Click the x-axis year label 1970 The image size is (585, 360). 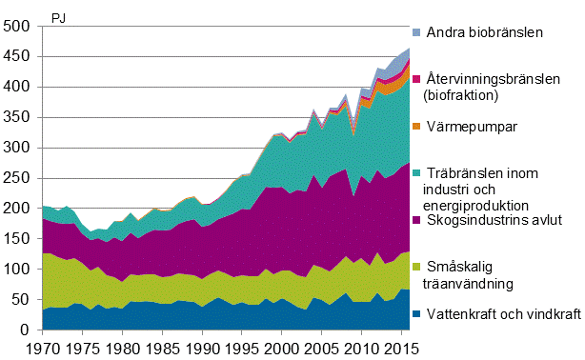(43, 349)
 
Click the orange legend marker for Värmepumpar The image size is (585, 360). (419, 126)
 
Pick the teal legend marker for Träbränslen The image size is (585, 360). (419, 173)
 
